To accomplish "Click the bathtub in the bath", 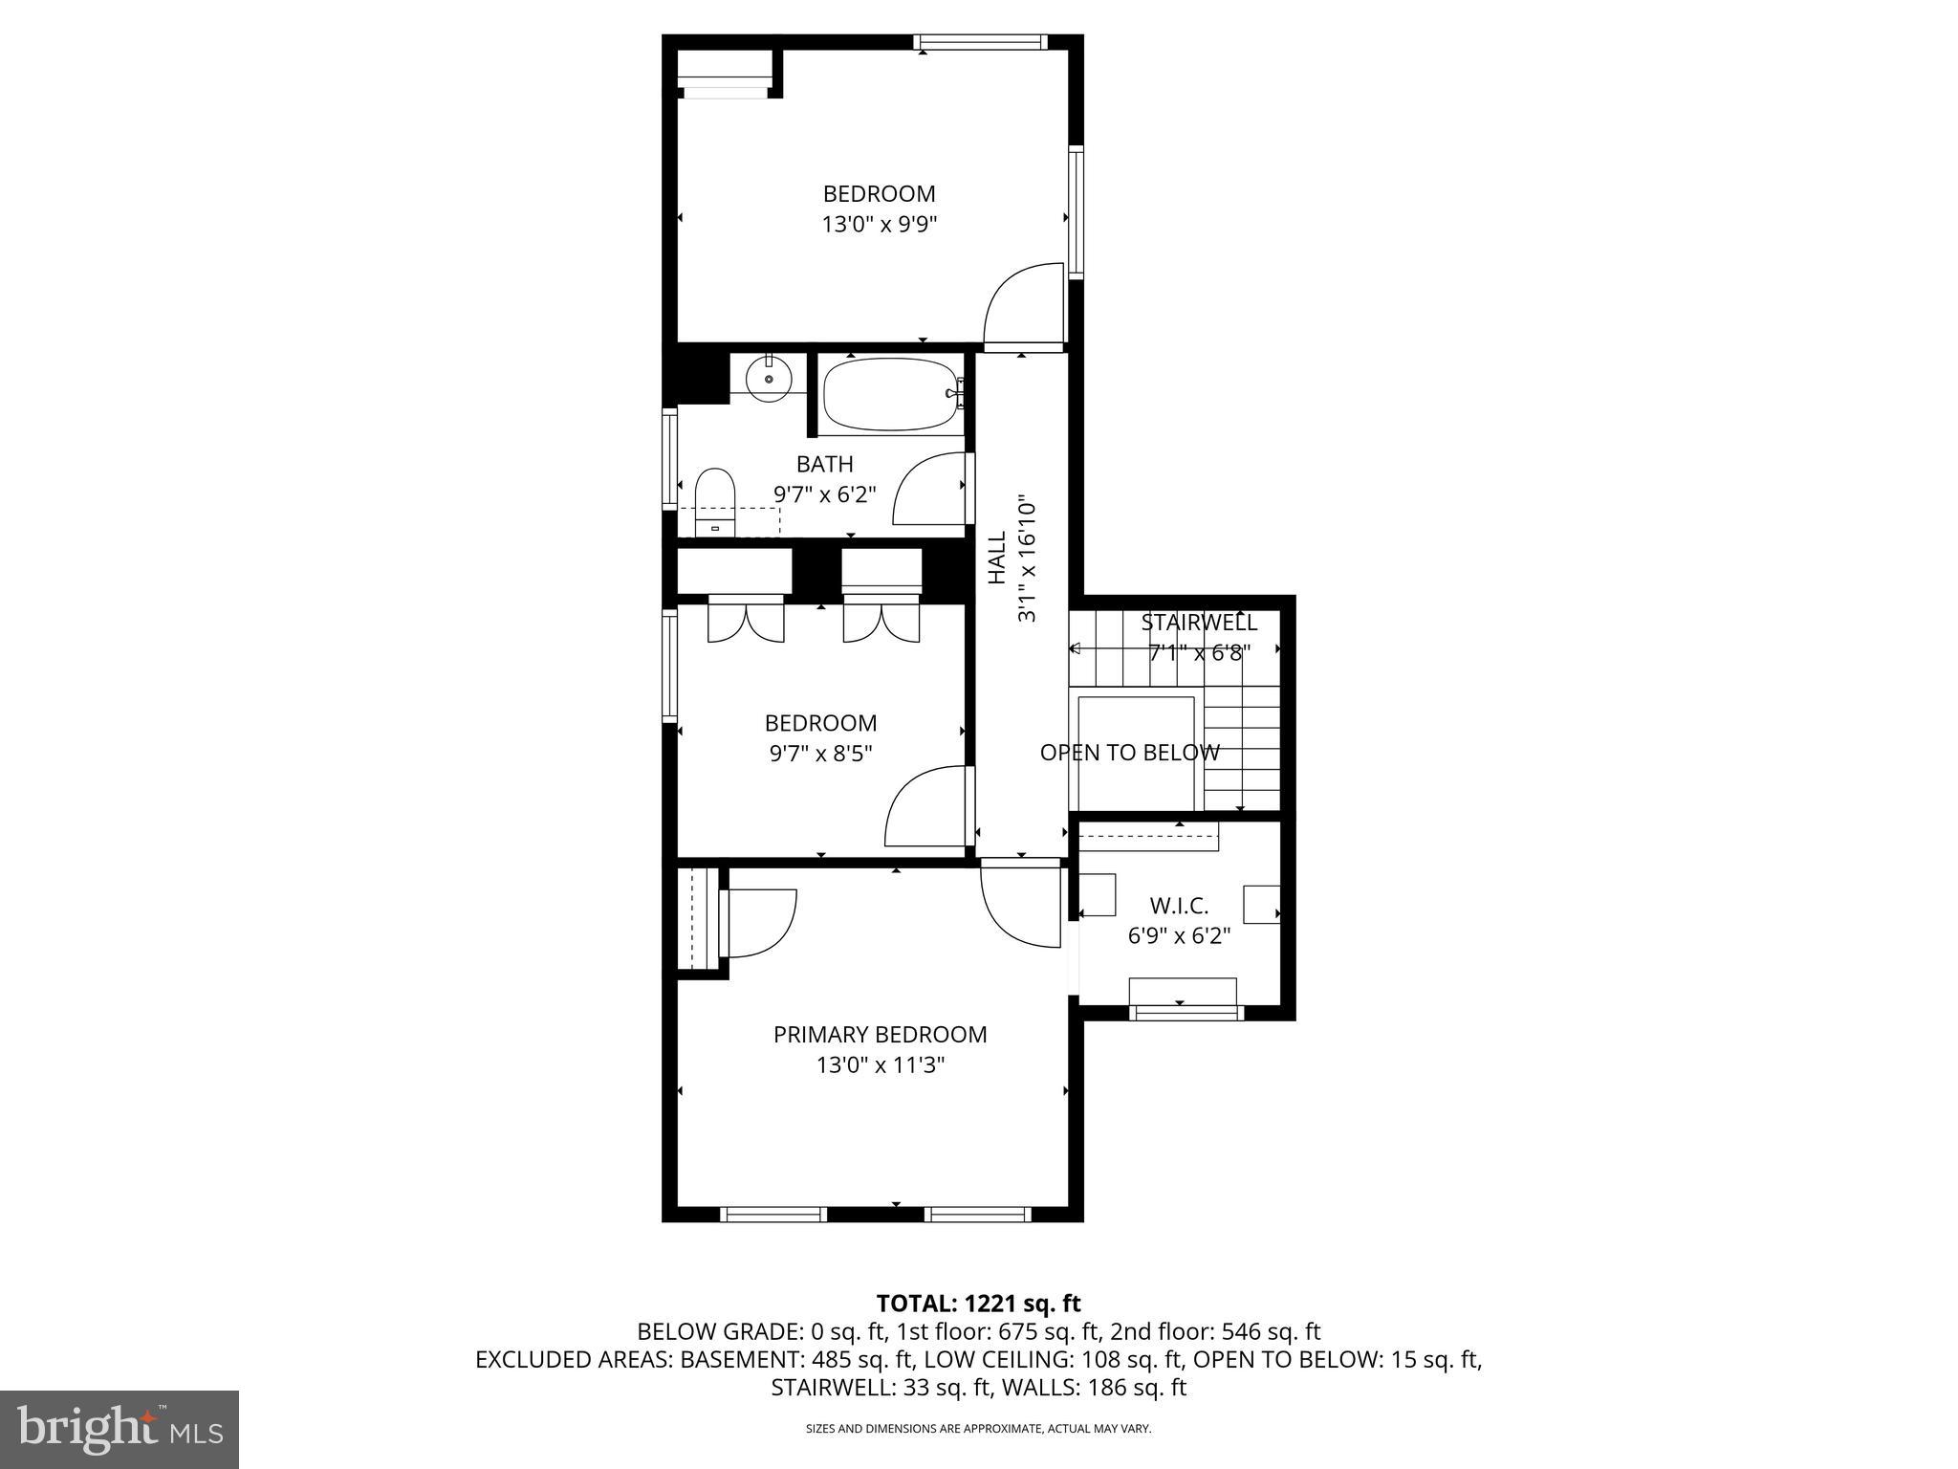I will [x=889, y=394].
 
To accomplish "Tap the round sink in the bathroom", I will [x=769, y=378].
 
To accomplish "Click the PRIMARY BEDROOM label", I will [x=880, y=1034].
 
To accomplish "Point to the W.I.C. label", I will [x=1179, y=905].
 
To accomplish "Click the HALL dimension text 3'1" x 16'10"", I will [x=1027, y=559].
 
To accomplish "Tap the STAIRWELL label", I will [x=1198, y=623].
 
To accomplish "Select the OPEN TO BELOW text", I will [x=1129, y=753].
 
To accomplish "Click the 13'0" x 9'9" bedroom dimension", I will [x=879, y=225].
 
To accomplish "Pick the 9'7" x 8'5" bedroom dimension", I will [x=820, y=754].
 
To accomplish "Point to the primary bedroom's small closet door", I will [x=760, y=924].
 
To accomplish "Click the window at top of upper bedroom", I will [x=979, y=42].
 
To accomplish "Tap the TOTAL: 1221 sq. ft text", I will [x=978, y=1303].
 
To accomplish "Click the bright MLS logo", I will [x=120, y=1429].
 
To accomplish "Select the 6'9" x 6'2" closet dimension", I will [x=1179, y=935].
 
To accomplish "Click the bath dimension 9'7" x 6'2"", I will [x=824, y=494].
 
